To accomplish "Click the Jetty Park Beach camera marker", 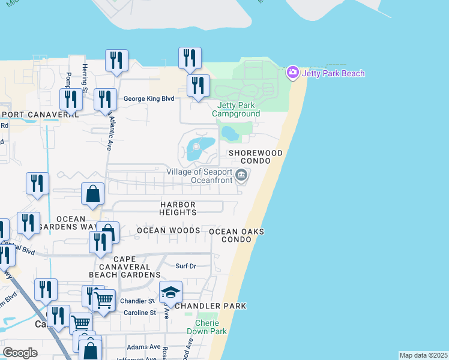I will coord(293,73).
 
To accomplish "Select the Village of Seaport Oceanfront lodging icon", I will coord(241,175).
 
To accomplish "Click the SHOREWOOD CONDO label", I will coord(255,157).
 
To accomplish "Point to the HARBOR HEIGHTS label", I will coord(178,208).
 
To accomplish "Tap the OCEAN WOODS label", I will coord(168,230).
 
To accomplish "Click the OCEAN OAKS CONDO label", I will coord(237,236).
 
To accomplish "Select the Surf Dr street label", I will coord(185,266).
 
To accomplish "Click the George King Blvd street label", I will coord(148,99).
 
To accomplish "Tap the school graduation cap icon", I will coord(170,292).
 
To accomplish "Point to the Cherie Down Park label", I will coord(206,327).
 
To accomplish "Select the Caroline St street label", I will coord(140,313).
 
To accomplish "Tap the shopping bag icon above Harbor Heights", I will coord(93,194).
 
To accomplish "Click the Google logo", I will coord(20,353).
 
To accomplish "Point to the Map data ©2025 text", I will coord(423,355).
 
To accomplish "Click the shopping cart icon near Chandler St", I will coord(104,300).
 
